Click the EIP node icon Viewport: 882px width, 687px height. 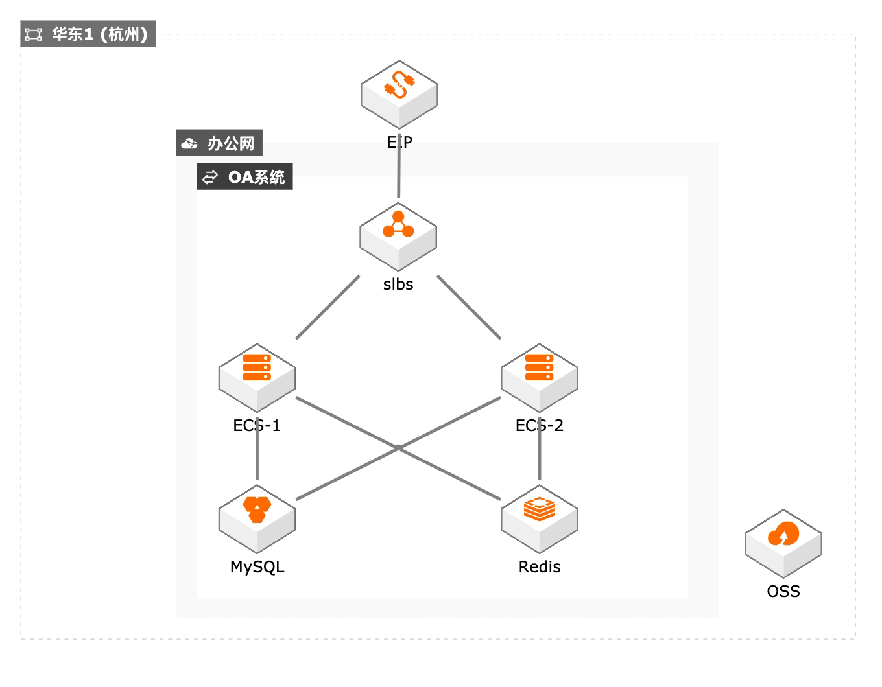[x=399, y=95]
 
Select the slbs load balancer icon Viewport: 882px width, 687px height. [x=398, y=237]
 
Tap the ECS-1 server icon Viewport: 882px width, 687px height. [x=257, y=378]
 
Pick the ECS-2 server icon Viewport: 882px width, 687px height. [x=540, y=378]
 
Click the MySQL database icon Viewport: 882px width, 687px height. [x=257, y=519]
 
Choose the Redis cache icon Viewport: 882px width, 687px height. [x=540, y=519]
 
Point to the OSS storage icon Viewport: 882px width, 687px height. [x=783, y=544]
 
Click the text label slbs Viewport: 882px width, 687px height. [x=398, y=285]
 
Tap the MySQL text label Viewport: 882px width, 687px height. [x=257, y=567]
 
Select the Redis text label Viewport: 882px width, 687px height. [x=540, y=566]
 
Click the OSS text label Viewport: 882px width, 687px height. [x=783, y=591]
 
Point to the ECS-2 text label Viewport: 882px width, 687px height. [x=540, y=425]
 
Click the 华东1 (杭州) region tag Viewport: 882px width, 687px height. [x=88, y=34]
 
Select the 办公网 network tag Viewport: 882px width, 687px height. [x=219, y=143]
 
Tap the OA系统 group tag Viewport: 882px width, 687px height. [x=244, y=176]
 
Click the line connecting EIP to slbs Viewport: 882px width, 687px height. [x=399, y=165]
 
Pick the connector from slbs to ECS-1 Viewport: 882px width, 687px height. [x=328, y=307]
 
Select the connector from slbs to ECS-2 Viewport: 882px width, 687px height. [x=469, y=307]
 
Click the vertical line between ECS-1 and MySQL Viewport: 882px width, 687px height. [x=257, y=448]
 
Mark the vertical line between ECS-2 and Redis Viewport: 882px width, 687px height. [x=540, y=448]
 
